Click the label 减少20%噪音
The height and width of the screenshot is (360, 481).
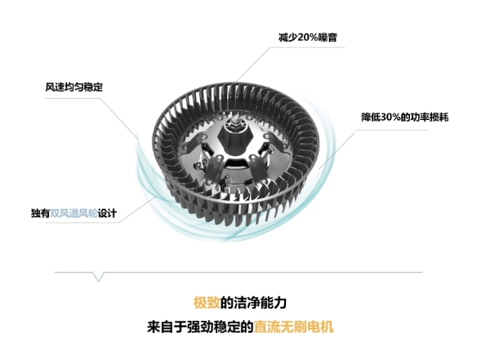tap(308, 38)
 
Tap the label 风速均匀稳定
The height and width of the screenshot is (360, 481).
tap(74, 87)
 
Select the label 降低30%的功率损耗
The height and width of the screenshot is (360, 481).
tap(404, 117)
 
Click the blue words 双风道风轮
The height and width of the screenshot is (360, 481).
tap(73, 213)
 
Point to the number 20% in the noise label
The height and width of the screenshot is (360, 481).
tap(308, 38)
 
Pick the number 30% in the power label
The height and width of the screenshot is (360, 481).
tap(390, 117)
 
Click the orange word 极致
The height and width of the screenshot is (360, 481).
tap(207, 303)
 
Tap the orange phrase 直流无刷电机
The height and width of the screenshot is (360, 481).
tap(293, 327)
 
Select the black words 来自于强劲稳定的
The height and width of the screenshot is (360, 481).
tap(200, 327)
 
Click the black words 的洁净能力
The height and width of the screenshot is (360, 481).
tap(253, 303)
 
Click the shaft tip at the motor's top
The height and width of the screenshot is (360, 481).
tap(235, 118)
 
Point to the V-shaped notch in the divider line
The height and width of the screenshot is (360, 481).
tap(99, 277)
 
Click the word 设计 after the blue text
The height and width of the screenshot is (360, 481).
tap(107, 213)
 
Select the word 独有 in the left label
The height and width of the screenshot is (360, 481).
tap(40, 213)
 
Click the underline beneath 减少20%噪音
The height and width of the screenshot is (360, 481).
tap(308, 47)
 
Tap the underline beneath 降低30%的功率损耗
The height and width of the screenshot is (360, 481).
tap(392, 130)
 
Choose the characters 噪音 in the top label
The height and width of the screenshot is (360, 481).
tap(328, 38)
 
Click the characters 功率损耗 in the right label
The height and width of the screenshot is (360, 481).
tap(430, 117)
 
